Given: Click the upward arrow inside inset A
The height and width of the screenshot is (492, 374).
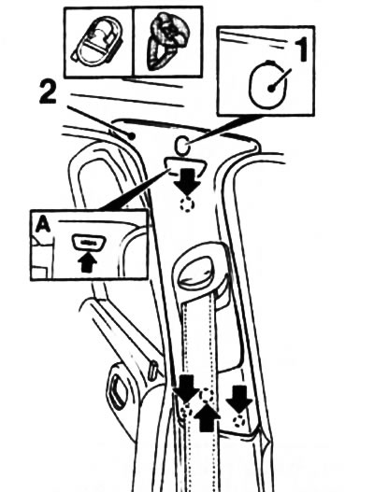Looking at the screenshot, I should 89,262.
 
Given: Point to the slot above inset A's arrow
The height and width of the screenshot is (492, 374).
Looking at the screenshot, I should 89,245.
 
